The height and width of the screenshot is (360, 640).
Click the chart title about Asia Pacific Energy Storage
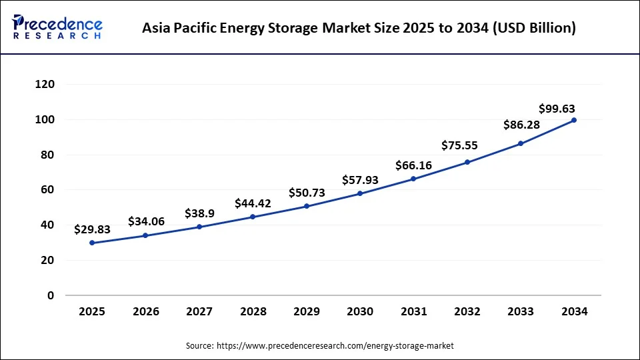[359, 28]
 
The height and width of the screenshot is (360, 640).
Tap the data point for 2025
[92, 243]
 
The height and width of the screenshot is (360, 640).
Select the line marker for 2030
[360, 193]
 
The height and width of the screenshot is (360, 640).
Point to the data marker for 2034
[574, 120]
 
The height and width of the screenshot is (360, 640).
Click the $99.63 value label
[557, 109]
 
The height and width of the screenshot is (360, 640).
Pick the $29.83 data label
[92, 229]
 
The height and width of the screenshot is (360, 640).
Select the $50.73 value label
[307, 193]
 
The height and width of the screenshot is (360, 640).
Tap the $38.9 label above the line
[199, 214]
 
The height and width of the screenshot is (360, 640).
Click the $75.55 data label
[459, 146]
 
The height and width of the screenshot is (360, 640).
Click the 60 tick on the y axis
[48, 190]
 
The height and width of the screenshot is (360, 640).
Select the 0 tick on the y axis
[51, 295]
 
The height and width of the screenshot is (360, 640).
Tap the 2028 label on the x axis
[253, 311]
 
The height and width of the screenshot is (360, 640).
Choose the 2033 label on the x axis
[521, 311]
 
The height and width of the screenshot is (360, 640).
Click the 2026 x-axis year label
[145, 311]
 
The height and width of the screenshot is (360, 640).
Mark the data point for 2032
[467, 162]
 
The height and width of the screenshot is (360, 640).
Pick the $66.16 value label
[413, 165]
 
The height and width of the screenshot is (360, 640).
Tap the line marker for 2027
[199, 227]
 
